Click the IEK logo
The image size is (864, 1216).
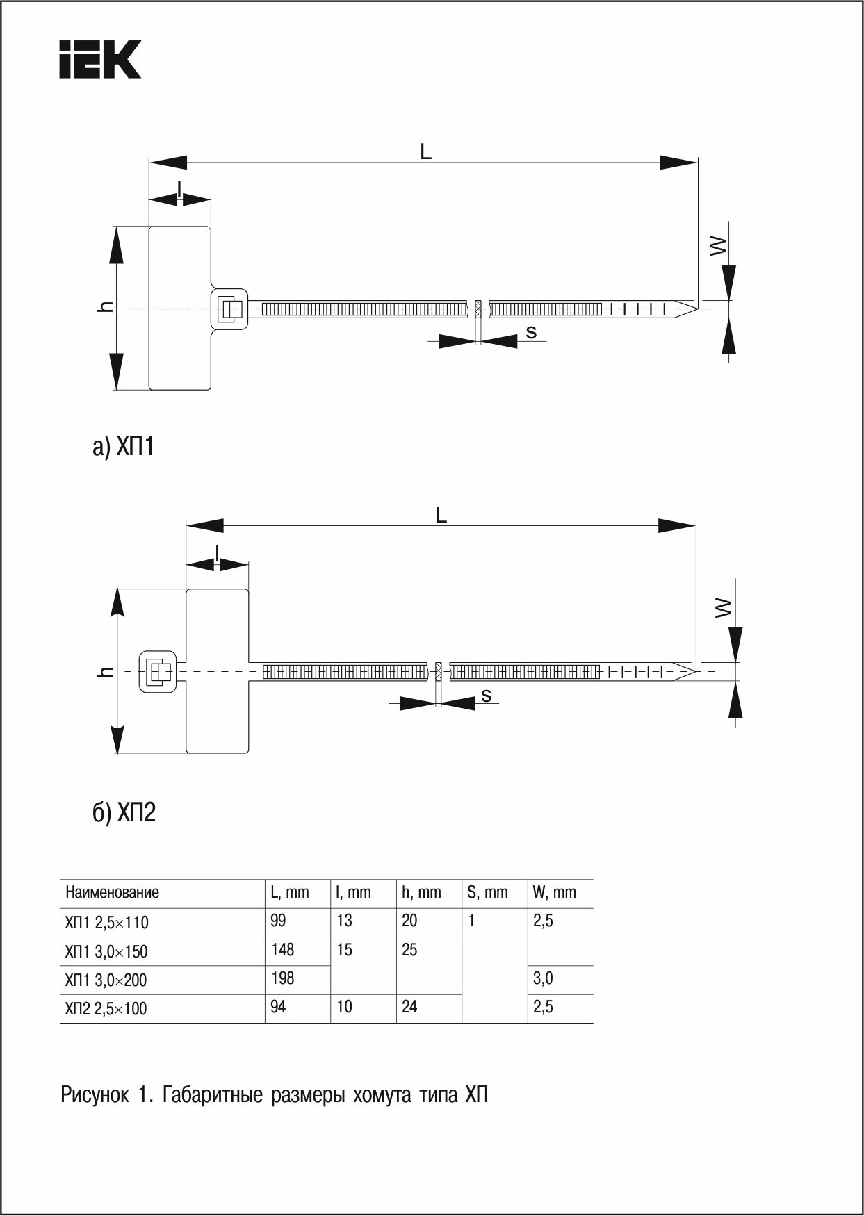(100, 59)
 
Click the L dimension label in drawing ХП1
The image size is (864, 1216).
(425, 151)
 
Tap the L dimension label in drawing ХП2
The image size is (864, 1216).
(441, 515)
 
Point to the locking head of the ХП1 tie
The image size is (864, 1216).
(229, 309)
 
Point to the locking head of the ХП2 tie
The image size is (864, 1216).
(158, 672)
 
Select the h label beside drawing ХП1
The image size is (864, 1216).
(106, 306)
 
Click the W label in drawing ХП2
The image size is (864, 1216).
(724, 608)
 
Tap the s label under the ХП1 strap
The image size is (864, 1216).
(531, 333)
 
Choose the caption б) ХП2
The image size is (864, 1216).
(124, 811)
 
